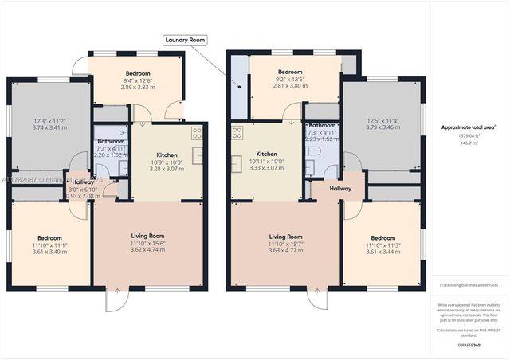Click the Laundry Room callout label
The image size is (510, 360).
click(185, 39)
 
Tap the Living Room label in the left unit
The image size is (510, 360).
click(147, 236)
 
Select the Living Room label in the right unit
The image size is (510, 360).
click(285, 237)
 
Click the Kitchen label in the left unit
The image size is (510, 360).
click(167, 154)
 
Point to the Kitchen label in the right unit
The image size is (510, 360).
click(266, 154)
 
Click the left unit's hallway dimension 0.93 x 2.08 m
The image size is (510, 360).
click(85, 195)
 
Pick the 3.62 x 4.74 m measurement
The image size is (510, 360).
click(147, 249)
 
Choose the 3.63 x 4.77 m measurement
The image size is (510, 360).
click(285, 250)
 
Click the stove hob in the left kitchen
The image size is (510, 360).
click(196, 132)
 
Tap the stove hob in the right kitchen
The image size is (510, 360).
click(237, 132)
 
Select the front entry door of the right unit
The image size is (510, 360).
click(318, 299)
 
